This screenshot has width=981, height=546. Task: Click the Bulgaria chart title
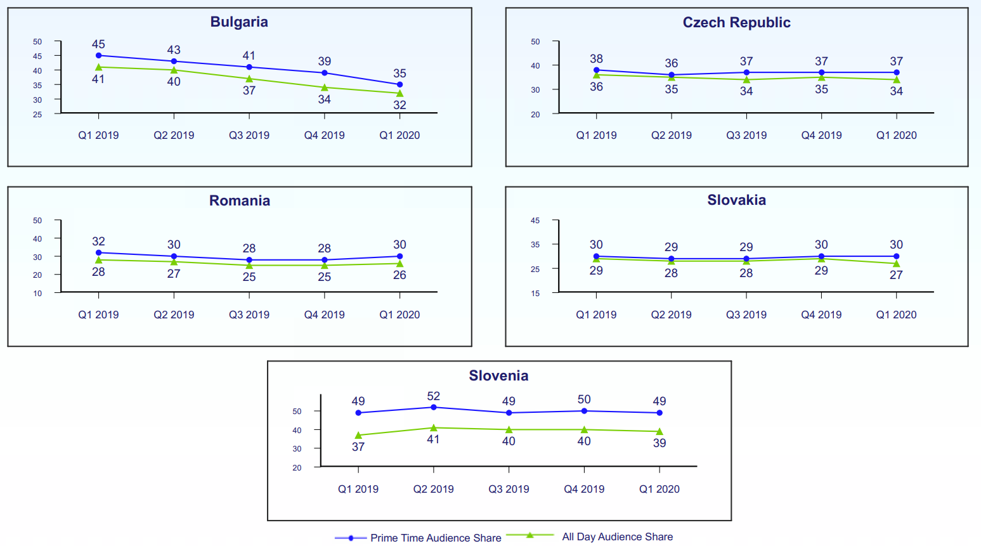pos(239,22)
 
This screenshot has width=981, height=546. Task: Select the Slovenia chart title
pos(498,375)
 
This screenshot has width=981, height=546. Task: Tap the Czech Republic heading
pos(736,23)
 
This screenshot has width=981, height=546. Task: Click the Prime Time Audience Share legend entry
pos(435,538)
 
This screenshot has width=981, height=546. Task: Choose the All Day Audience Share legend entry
pos(617,536)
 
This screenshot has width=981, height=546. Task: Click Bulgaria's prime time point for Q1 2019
pos(98,56)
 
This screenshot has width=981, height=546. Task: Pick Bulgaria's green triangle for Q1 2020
pos(400,93)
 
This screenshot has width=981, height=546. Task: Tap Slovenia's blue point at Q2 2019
pos(434,407)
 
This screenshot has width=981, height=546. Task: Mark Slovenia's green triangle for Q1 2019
pos(358,435)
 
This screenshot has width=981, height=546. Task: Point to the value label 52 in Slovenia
pos(434,396)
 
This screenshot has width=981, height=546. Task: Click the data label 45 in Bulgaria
pos(98,44)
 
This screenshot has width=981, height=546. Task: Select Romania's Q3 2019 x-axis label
pos(249,315)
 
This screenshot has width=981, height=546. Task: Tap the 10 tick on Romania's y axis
pos(37,293)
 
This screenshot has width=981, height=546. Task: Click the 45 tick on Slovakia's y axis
pos(535,221)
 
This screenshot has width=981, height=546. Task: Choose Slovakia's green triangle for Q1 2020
pos(896,263)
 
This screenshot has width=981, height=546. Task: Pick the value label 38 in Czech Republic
pos(596,59)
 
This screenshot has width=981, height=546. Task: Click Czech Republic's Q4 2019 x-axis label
pos(821,135)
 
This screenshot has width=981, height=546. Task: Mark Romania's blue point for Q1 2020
pos(400,256)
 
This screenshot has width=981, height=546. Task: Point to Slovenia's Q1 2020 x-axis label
pos(659,489)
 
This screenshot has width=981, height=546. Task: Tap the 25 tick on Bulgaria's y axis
pos(37,114)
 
